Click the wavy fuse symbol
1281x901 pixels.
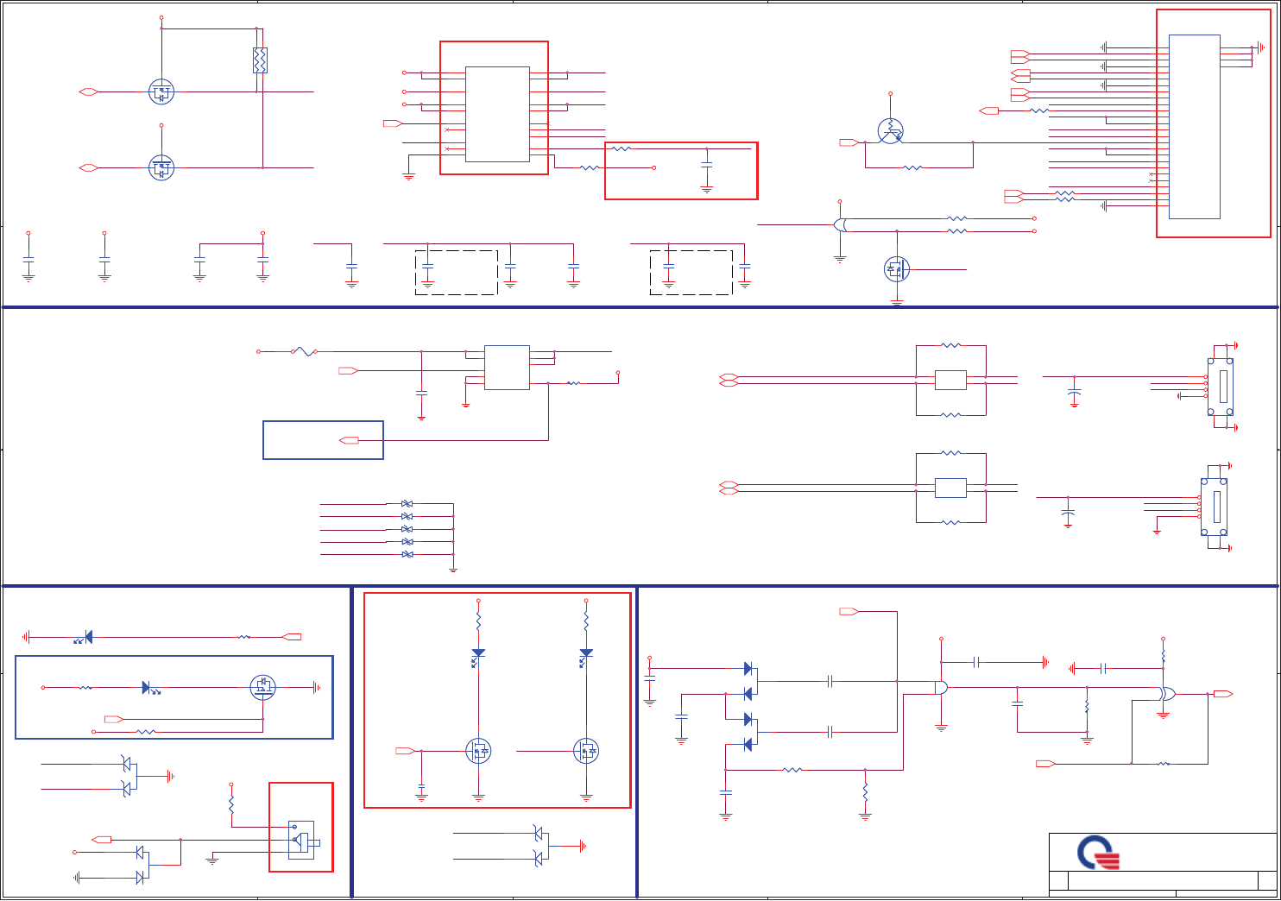(303, 351)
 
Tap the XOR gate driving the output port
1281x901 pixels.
(1166, 694)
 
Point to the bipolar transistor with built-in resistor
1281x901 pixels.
(890, 131)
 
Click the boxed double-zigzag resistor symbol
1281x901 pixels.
(260, 60)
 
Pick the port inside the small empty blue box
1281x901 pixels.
(350, 441)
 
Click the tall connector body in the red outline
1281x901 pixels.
(1194, 126)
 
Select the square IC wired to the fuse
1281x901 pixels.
(507, 368)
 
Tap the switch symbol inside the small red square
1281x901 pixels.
(300, 840)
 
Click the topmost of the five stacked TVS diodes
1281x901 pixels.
(407, 503)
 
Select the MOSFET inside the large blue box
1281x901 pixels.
(262, 687)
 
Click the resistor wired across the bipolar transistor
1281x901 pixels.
(912, 167)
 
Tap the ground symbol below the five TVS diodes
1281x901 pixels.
(452, 570)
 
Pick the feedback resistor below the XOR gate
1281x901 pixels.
(1163, 764)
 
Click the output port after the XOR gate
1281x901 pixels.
(1222, 694)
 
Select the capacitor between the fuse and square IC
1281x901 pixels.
(421, 393)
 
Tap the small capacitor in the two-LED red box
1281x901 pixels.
(422, 788)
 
